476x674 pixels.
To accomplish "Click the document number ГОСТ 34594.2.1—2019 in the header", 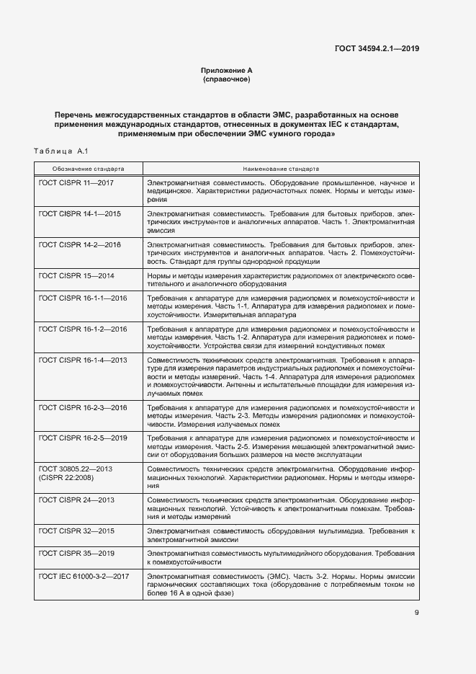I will pos(377,49).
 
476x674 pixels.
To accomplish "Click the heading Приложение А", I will pos(226,70).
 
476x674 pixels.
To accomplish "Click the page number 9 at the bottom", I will pos(416,613).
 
